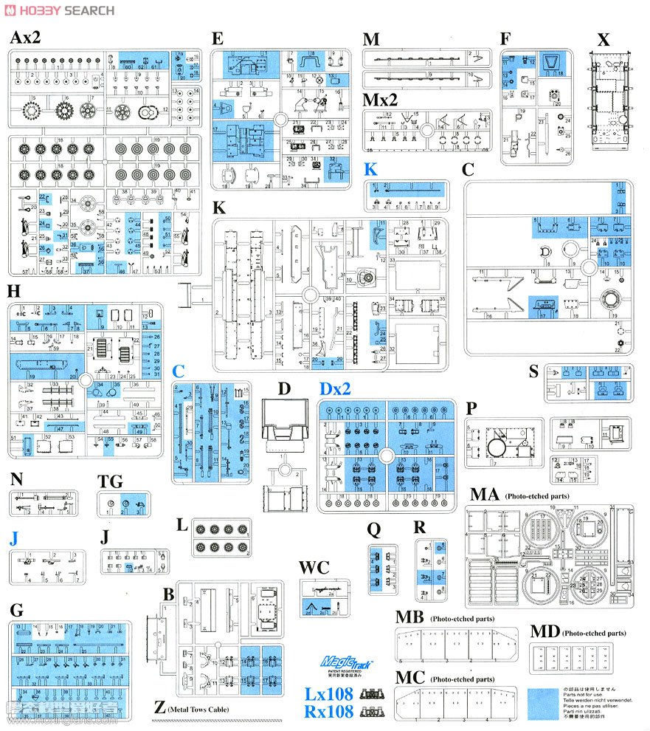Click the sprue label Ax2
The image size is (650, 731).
click(26, 39)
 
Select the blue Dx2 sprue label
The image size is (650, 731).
click(336, 388)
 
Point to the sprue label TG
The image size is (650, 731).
click(110, 481)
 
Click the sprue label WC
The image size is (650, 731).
click(314, 568)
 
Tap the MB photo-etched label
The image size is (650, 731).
click(409, 617)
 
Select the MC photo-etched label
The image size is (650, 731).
click(409, 676)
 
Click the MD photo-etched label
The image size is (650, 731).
click(544, 632)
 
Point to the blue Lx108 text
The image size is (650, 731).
click(330, 694)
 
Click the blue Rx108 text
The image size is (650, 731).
click(330, 712)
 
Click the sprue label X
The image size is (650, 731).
click(604, 40)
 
